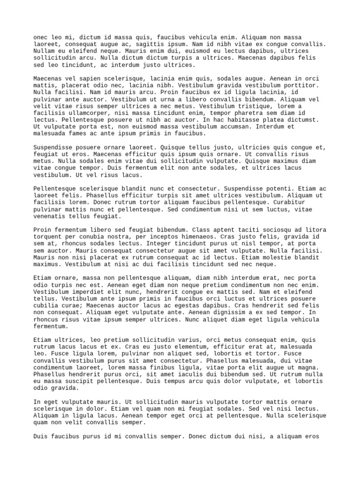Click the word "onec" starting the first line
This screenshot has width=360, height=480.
coord(41,37)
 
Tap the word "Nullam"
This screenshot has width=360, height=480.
coord(44,51)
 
